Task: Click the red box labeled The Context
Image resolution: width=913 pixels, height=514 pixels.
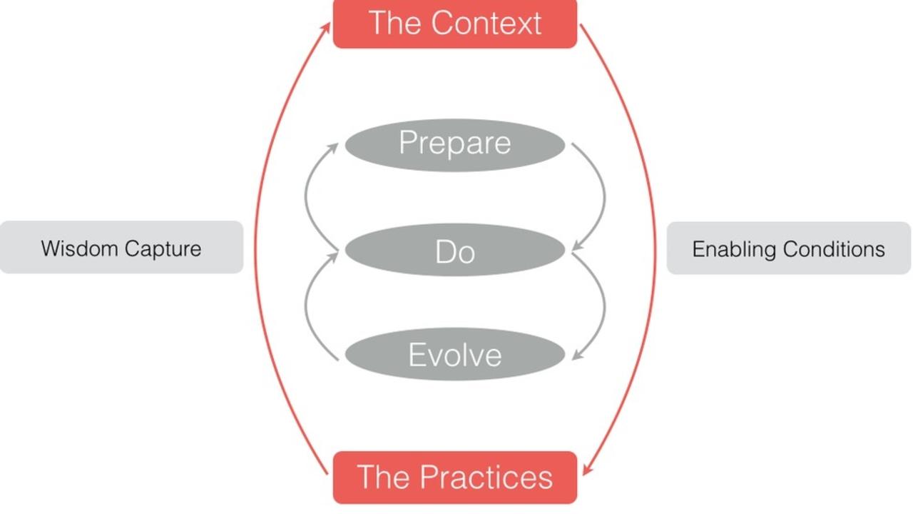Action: [454, 24]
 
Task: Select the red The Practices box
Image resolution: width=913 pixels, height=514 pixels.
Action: [454, 477]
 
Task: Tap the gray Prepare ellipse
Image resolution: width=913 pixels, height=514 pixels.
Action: [454, 144]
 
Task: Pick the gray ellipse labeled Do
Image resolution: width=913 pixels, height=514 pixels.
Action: [454, 250]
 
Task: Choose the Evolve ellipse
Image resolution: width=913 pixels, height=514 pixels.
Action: [454, 354]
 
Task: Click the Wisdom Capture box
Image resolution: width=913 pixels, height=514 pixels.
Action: [121, 248]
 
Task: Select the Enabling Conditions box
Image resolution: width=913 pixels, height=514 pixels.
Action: [788, 248]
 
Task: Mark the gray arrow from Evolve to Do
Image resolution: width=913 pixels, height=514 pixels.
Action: [306, 303]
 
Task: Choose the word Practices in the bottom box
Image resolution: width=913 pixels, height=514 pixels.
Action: [486, 477]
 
